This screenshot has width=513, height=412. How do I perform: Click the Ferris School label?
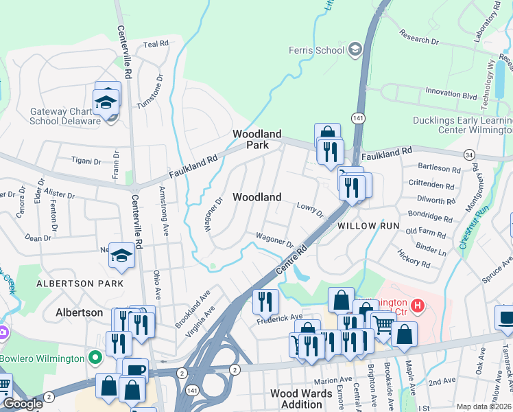pyautogui.click(x=315, y=50)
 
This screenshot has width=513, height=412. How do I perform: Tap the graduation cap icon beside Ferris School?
pyautogui.click(x=355, y=49)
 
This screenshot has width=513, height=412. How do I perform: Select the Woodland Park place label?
pyautogui.click(x=256, y=139)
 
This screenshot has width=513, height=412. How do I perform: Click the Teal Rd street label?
pyautogui.click(x=156, y=44)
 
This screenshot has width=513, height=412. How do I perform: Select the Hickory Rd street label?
pyautogui.click(x=414, y=258)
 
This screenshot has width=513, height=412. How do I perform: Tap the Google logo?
pyautogui.click(x=23, y=404)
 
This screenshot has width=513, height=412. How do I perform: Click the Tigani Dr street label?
pyautogui.click(x=86, y=160)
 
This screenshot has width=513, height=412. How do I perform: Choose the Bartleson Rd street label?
pyautogui.click(x=439, y=168)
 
